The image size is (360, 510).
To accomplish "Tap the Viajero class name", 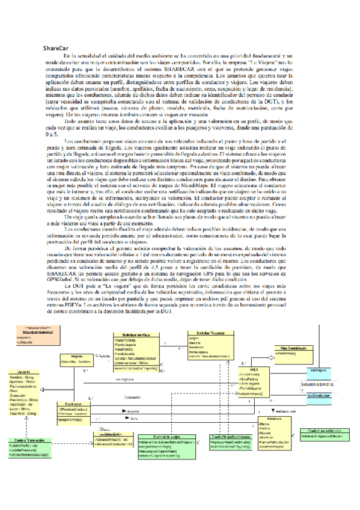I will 77,356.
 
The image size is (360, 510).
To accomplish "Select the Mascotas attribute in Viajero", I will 75,362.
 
